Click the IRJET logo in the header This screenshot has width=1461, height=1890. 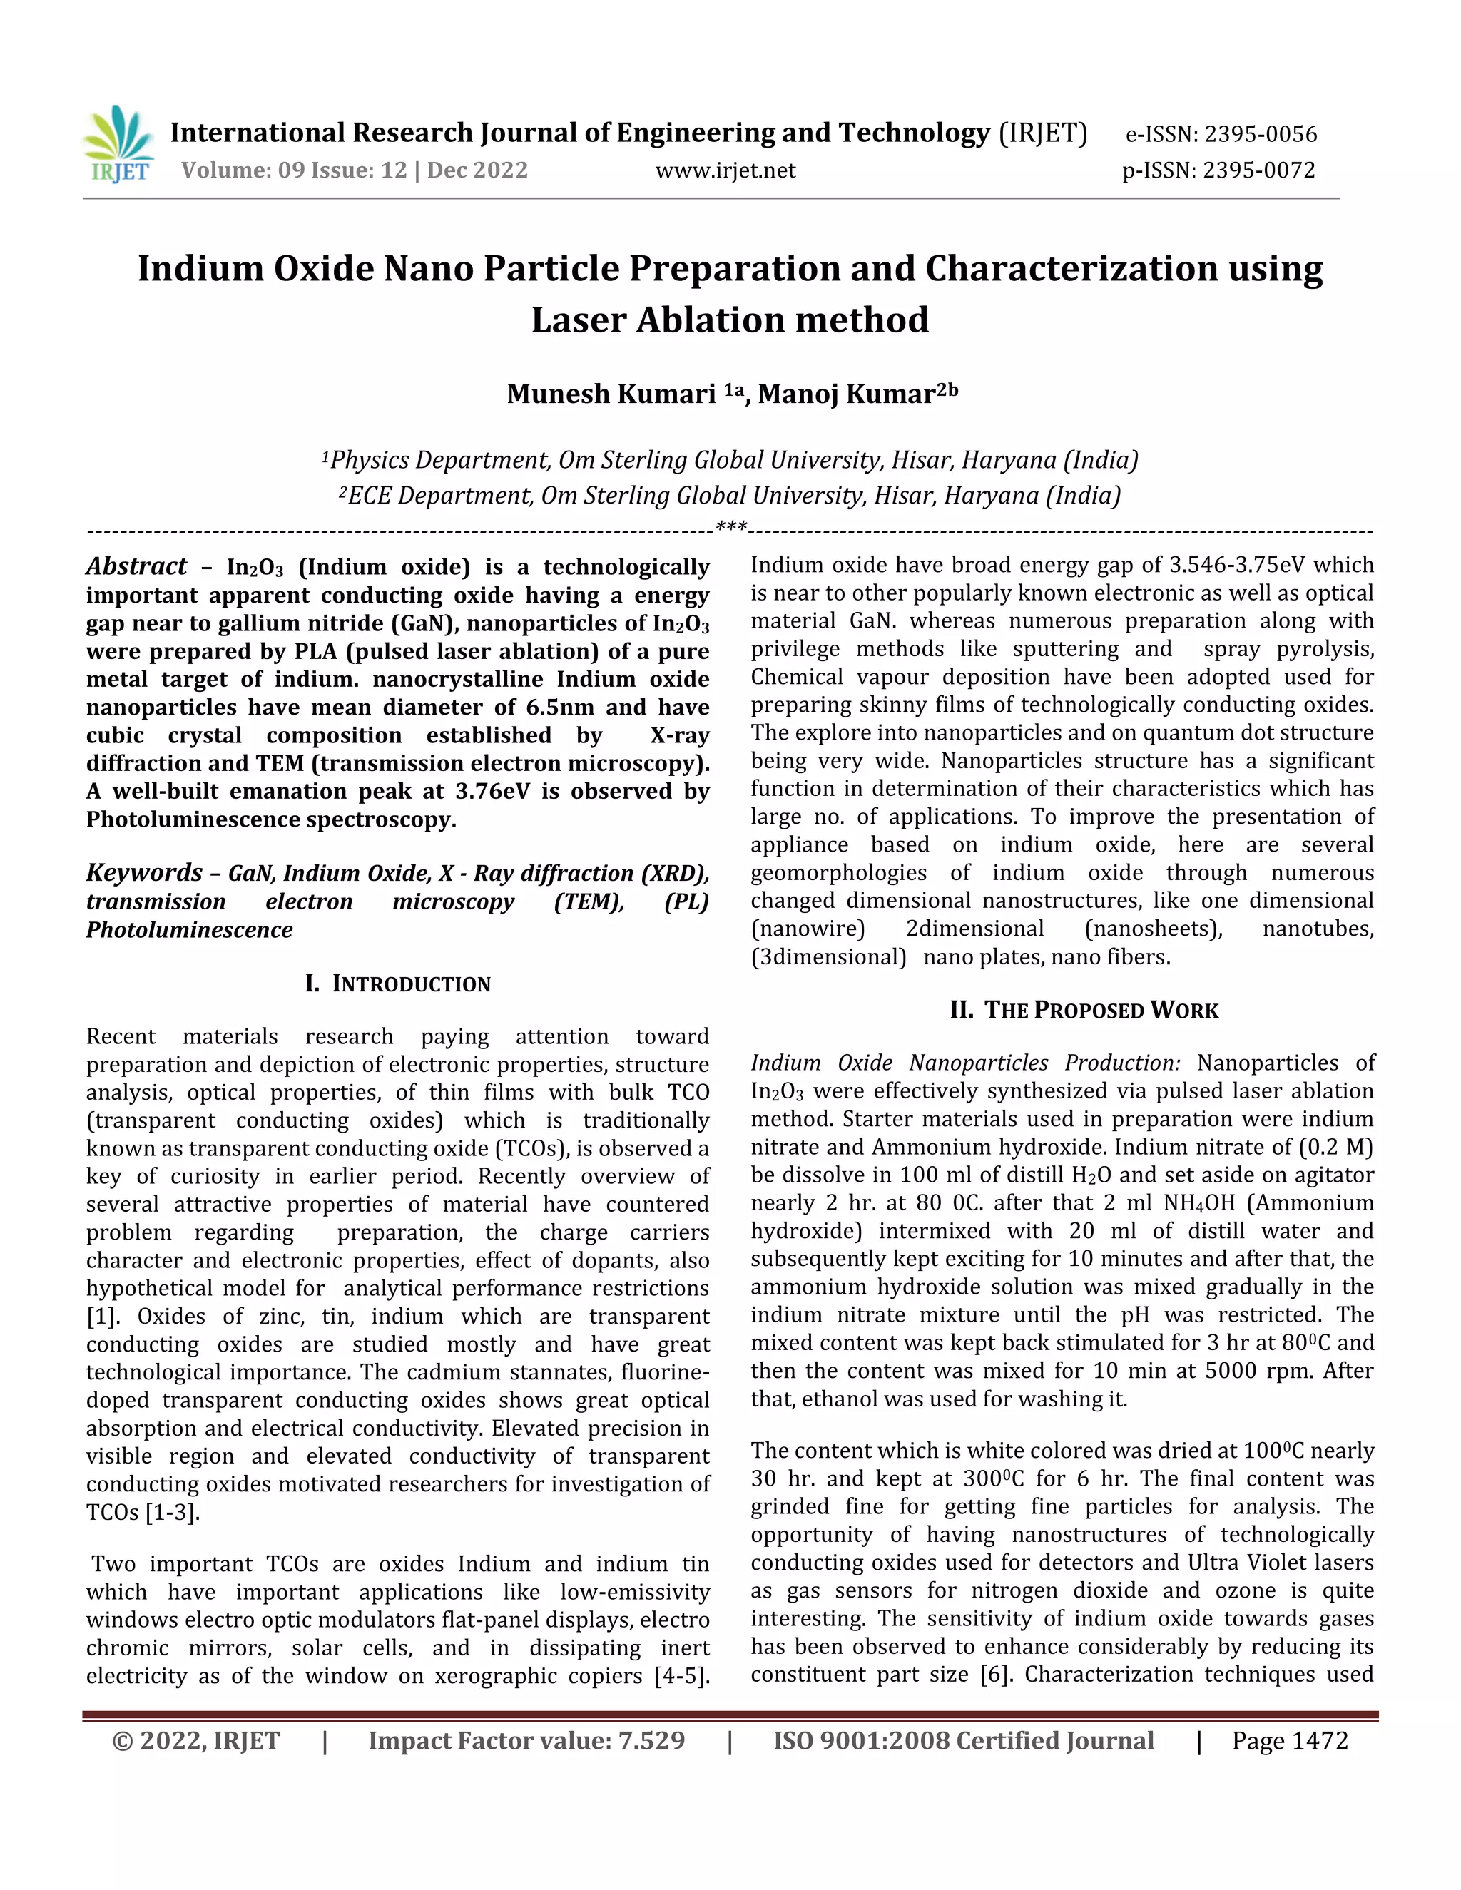(119, 145)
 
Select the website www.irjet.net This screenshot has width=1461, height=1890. (726, 170)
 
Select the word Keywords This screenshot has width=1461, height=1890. (143, 872)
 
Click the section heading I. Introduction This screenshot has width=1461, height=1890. (397, 984)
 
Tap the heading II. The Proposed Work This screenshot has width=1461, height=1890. (1084, 1010)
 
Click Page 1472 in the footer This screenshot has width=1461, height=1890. (1290, 1740)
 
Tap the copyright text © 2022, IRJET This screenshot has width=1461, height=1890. (195, 1740)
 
